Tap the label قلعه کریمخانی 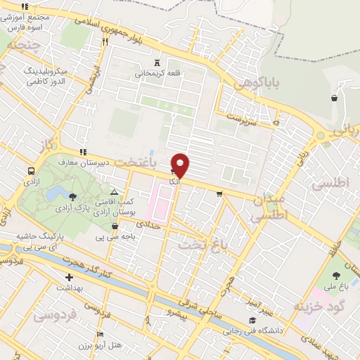click(x=157, y=72)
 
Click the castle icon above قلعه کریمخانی click(x=157, y=62)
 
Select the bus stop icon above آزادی click(x=32, y=171)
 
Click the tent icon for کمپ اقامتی click(x=115, y=191)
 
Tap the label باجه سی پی click(x=115, y=237)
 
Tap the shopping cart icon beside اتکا click(x=173, y=172)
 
